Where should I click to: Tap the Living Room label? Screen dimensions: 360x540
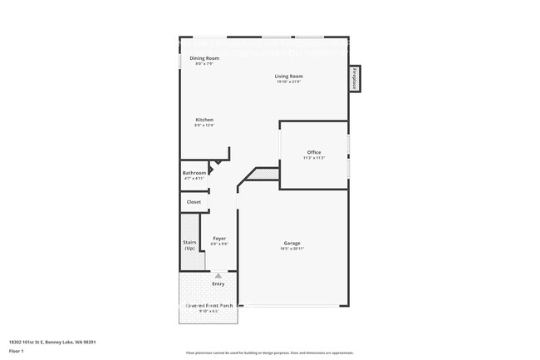pyautogui.click(x=289, y=76)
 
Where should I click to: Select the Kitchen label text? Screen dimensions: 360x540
pyautogui.click(x=204, y=120)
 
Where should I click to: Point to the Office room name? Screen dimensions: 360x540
pyautogui.click(x=313, y=152)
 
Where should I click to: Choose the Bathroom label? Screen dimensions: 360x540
pyautogui.click(x=194, y=173)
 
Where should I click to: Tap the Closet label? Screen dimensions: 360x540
pyautogui.click(x=194, y=201)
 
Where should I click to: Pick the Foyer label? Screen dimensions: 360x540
pyautogui.click(x=219, y=239)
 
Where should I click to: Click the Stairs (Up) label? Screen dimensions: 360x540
pyautogui.click(x=189, y=245)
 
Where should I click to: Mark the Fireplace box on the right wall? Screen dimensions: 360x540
pyautogui.click(x=354, y=78)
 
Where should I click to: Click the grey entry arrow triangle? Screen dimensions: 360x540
pyautogui.click(x=218, y=274)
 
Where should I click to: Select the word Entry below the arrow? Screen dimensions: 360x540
pyautogui.click(x=218, y=284)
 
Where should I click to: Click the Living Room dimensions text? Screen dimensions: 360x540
pyautogui.click(x=289, y=81)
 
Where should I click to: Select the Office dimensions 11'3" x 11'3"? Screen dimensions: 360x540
pyautogui.click(x=313, y=158)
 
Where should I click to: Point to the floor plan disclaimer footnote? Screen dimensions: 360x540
pyautogui.click(x=269, y=353)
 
